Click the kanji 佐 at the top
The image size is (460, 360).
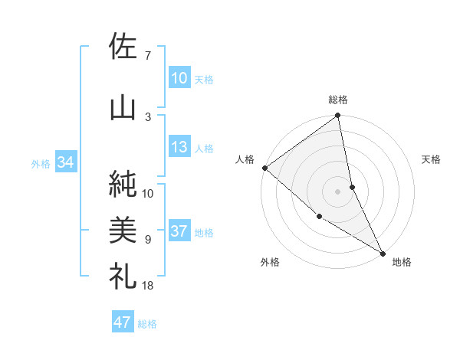click(x=123, y=47)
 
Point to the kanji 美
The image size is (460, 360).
click(x=123, y=228)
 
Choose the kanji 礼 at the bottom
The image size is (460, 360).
click(x=123, y=274)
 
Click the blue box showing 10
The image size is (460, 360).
click(x=179, y=78)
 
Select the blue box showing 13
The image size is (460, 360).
click(x=179, y=148)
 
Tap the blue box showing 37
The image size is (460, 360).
click(x=179, y=232)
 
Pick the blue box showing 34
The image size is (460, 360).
click(x=65, y=162)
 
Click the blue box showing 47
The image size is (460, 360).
click(x=123, y=322)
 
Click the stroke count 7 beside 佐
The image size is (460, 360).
click(x=148, y=56)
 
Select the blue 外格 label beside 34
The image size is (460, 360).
click(x=41, y=163)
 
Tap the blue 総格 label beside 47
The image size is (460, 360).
click(x=147, y=324)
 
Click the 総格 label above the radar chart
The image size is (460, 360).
click(x=338, y=100)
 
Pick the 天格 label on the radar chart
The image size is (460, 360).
click(x=431, y=160)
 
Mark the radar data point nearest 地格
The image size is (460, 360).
click(x=383, y=252)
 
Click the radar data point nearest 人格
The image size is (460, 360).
click(x=264, y=168)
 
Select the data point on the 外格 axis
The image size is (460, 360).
click(x=319, y=217)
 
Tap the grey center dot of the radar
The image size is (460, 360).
click(x=337, y=191)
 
